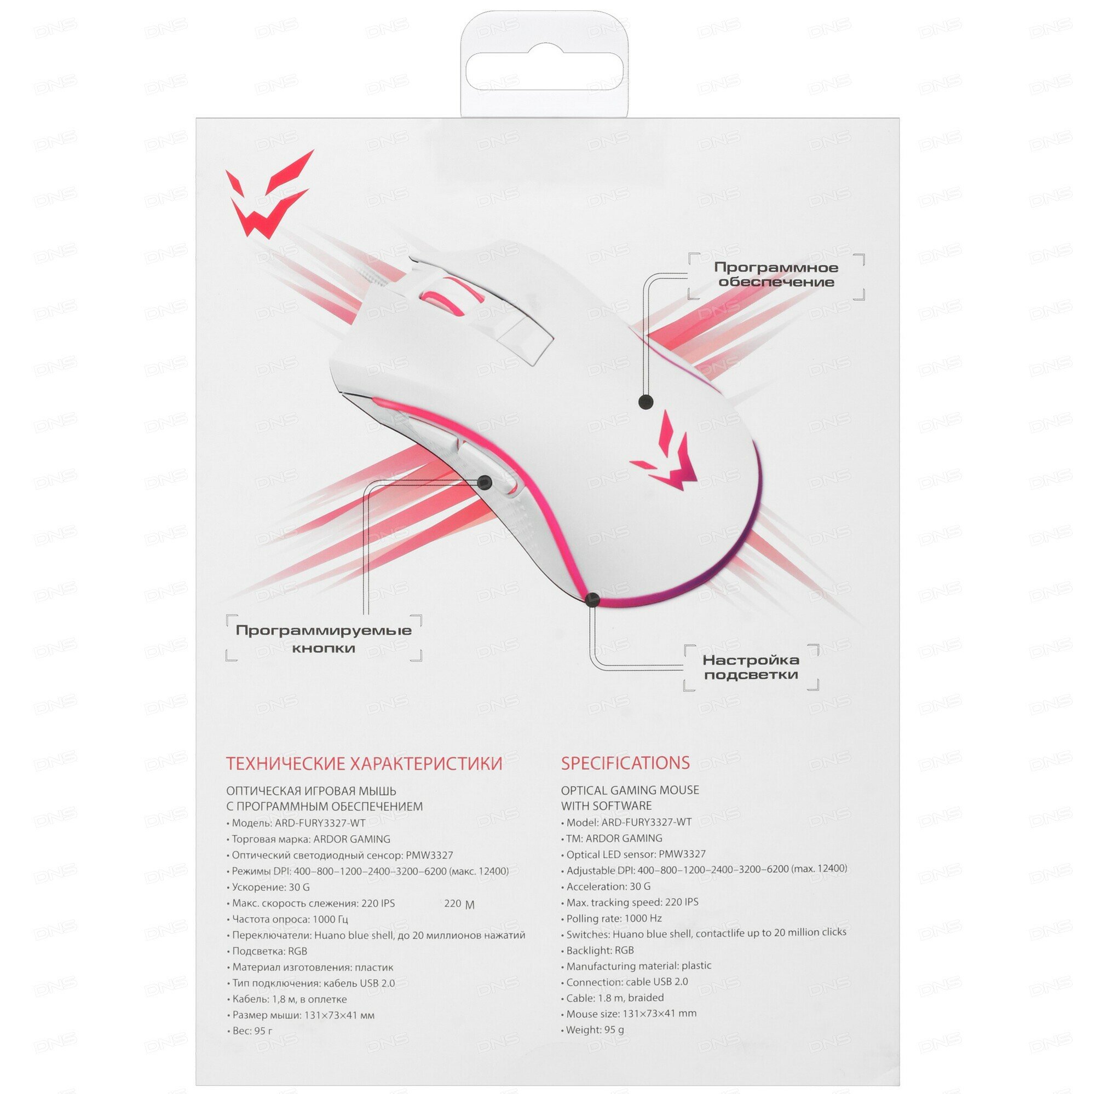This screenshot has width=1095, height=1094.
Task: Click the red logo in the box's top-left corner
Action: (x=269, y=195)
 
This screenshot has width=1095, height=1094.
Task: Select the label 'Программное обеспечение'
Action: (x=775, y=275)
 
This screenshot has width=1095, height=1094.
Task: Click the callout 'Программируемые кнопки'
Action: (x=324, y=639)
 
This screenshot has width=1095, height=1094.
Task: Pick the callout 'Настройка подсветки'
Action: (x=751, y=667)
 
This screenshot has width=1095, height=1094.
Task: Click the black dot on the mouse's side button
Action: (x=483, y=482)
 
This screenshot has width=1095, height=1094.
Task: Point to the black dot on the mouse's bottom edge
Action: (x=592, y=599)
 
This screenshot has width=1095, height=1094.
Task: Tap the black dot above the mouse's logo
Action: (x=646, y=402)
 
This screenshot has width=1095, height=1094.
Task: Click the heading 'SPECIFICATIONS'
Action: (x=625, y=763)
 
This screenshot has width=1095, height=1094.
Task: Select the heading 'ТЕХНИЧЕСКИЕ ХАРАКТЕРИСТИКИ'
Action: (x=364, y=763)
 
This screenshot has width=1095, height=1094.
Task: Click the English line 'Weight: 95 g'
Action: (x=595, y=1029)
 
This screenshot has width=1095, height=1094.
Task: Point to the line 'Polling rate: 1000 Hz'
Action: (x=613, y=918)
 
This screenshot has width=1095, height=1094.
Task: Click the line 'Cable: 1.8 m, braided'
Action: (x=614, y=998)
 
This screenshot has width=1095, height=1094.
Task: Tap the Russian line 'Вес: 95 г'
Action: (x=252, y=1031)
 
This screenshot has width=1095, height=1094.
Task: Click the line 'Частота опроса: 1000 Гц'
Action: (x=290, y=919)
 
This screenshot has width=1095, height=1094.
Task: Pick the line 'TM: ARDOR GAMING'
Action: (x=614, y=838)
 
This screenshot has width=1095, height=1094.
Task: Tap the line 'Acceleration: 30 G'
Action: (x=608, y=887)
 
